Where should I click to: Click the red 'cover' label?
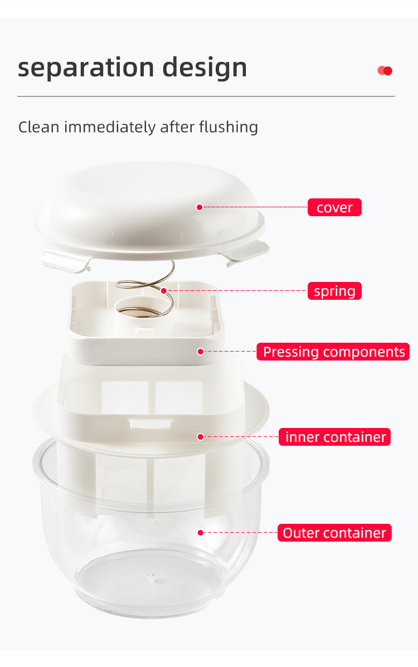point(334,208)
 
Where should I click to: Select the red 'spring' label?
point(334,291)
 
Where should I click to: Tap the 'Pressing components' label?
point(333,352)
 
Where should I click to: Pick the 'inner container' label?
point(334,437)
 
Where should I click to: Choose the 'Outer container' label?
point(334,533)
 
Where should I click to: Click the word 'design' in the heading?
point(205,68)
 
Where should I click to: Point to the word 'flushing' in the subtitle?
point(228,127)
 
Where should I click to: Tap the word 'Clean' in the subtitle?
point(38,127)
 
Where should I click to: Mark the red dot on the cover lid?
point(199,207)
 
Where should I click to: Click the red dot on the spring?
point(164,291)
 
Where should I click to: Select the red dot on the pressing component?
point(200,352)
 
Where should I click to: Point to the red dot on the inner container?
point(200,437)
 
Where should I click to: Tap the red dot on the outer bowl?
point(200,533)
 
